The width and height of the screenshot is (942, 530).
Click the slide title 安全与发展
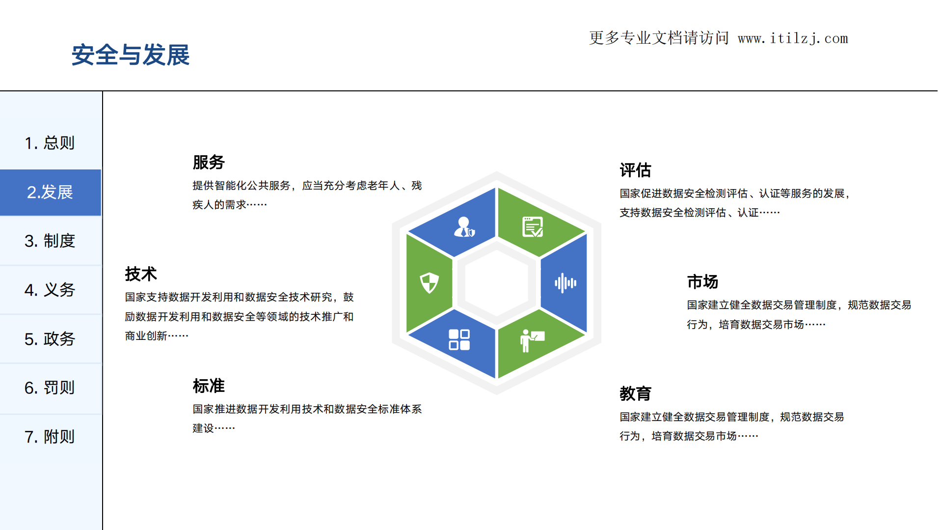[x=131, y=55]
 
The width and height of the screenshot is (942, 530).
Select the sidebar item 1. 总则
[x=50, y=143]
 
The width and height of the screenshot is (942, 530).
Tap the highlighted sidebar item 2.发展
[x=50, y=192]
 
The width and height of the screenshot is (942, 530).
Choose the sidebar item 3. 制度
[x=50, y=241]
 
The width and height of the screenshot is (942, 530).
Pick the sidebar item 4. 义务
[x=50, y=290]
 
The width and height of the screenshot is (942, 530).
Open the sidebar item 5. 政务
[x=50, y=339]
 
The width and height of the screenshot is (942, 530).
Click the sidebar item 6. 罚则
[x=50, y=388]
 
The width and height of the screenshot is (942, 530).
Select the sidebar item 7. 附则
[x=50, y=436]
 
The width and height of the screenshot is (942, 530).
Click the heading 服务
[x=209, y=162]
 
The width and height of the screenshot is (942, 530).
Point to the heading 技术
[x=141, y=274]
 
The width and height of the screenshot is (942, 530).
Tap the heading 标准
[x=209, y=386]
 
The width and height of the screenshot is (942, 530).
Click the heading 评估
[x=635, y=170]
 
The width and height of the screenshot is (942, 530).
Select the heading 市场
[x=702, y=282]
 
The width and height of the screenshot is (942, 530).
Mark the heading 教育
[x=635, y=393]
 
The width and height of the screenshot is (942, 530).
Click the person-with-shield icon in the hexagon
[x=464, y=227]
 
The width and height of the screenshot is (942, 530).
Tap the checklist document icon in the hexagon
[x=533, y=227]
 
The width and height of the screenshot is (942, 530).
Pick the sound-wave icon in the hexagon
[x=565, y=283]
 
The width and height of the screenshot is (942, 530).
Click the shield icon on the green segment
[x=429, y=283]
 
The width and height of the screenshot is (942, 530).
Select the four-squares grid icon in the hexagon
[x=459, y=339]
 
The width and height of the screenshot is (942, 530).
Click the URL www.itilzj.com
[x=793, y=38]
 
